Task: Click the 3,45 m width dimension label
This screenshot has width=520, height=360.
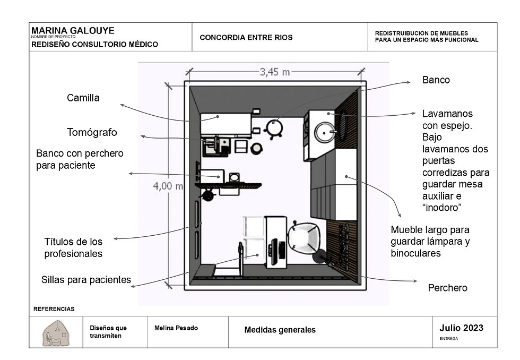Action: tap(275, 72)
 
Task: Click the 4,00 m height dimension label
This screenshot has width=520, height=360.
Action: tap(168, 186)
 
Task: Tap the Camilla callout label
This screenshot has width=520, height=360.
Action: tap(83, 98)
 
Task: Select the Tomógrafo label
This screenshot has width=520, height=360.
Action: tap(92, 132)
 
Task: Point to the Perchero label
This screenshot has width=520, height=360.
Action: tap(447, 288)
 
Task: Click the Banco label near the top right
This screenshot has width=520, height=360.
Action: tap(436, 80)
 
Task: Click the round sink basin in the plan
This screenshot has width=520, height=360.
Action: tap(325, 132)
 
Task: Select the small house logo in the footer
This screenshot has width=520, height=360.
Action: tap(56, 333)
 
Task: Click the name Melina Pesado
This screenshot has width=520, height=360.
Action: tap(176, 328)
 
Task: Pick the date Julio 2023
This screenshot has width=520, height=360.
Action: tap(461, 328)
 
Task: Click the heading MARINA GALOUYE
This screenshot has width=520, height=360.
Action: tap(73, 30)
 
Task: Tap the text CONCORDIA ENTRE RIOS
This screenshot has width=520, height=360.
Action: tap(246, 38)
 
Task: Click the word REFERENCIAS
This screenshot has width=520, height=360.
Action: tap(54, 309)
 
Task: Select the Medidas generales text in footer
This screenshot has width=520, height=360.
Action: tap(280, 330)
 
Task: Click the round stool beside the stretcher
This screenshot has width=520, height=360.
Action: tap(274, 128)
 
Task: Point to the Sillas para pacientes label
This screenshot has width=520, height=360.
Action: tap(86, 280)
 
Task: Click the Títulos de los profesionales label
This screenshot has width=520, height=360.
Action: tap(73, 248)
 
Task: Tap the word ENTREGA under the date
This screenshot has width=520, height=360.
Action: tap(449, 339)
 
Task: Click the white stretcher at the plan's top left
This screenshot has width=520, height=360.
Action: tap(226, 124)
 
